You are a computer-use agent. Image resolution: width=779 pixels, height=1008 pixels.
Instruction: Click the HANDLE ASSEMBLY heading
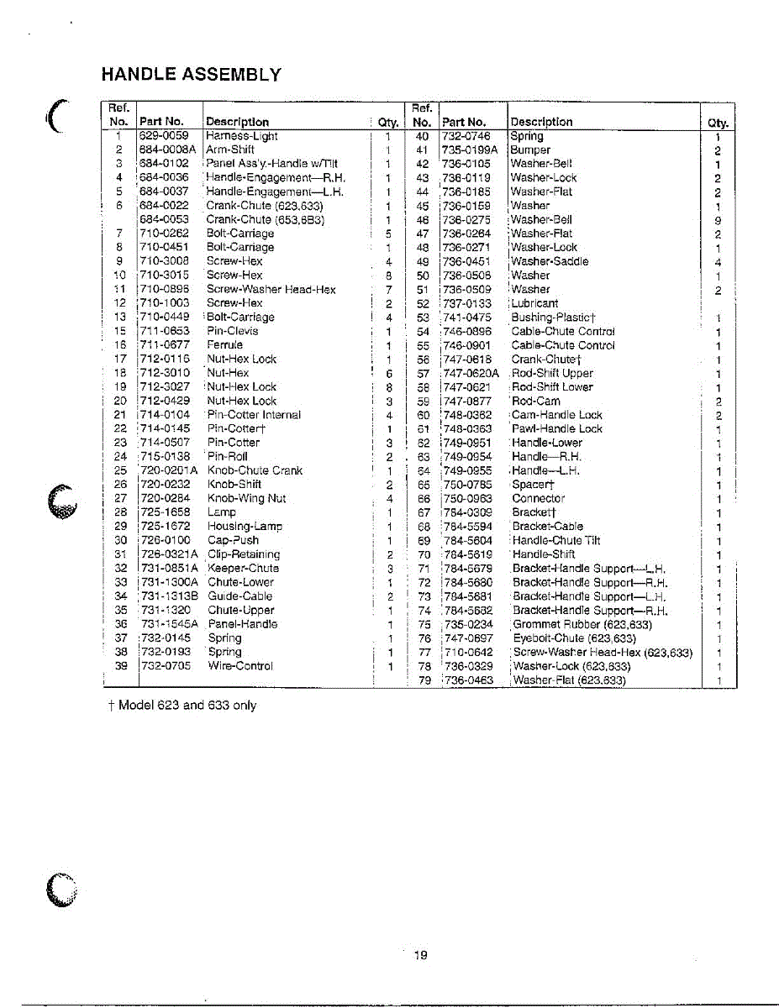[191, 74]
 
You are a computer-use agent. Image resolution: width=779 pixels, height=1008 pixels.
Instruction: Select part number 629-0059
[164, 136]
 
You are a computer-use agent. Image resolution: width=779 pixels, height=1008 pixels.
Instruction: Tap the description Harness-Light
[241, 136]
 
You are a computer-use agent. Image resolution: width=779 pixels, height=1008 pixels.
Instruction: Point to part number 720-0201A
[168, 470]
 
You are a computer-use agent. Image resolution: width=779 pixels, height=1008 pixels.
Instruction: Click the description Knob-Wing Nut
[246, 498]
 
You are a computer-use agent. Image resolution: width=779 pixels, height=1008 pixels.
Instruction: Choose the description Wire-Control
[240, 665]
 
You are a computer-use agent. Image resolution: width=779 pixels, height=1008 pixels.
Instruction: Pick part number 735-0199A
[470, 150]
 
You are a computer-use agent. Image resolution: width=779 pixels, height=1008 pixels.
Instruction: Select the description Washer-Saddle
[550, 261]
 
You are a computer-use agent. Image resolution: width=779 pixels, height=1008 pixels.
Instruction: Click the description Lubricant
[534, 303]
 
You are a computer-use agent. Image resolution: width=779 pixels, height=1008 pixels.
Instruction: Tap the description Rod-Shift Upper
[553, 373]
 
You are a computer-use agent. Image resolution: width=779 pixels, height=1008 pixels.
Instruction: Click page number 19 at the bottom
[421, 955]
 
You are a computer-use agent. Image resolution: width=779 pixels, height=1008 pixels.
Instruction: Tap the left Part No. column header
[161, 122]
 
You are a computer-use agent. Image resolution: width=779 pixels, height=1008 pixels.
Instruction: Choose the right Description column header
[541, 122]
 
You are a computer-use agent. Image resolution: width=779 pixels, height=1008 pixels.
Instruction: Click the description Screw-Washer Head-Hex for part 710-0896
[271, 290]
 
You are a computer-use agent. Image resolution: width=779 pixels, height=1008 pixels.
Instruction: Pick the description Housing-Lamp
[245, 526]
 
